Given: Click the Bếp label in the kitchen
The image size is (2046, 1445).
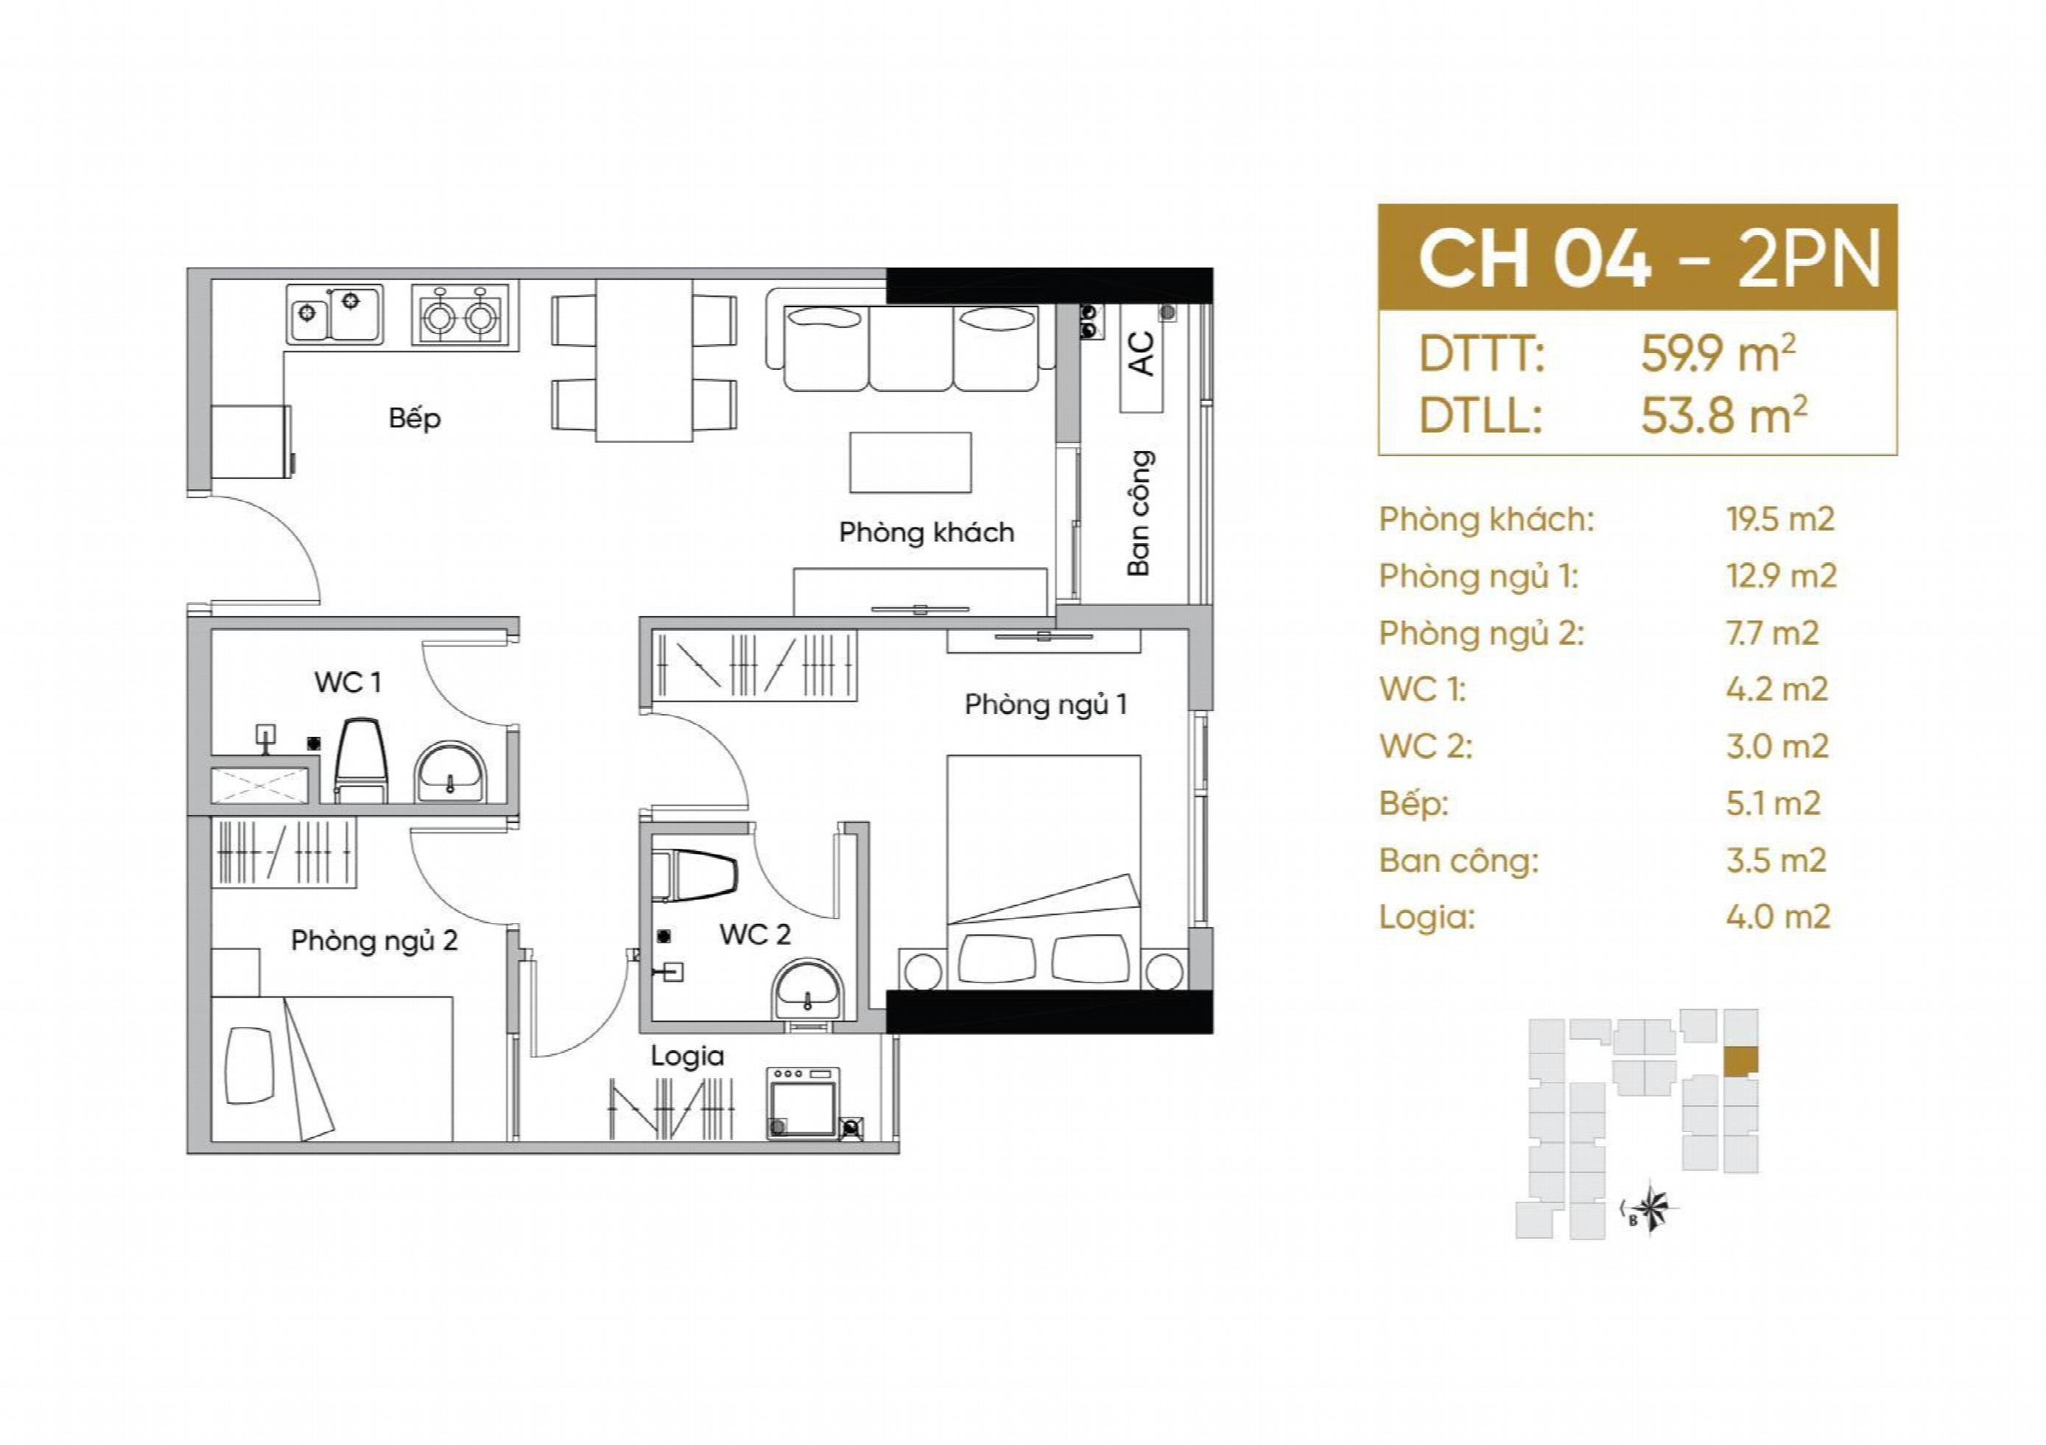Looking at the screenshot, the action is [x=415, y=418].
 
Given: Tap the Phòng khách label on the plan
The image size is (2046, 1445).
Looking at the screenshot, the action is [x=927, y=532].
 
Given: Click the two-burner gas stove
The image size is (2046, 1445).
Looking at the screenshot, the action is [x=460, y=315].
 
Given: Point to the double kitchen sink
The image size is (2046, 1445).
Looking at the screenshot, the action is [x=335, y=315].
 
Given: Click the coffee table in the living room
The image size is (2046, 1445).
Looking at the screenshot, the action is [x=910, y=462].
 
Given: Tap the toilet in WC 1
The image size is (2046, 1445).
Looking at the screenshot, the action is [x=361, y=760].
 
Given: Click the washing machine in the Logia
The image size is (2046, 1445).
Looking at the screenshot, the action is [x=803, y=1104].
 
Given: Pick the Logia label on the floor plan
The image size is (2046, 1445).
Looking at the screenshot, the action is [x=687, y=1057].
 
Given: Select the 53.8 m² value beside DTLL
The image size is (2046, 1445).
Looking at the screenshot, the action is [x=1723, y=416].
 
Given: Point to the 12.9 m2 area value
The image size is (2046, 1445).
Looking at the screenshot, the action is [x=1780, y=575].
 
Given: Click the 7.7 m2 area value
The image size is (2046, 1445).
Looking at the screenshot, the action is [x=1771, y=633].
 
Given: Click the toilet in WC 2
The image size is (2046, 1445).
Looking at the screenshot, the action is [x=695, y=875].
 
